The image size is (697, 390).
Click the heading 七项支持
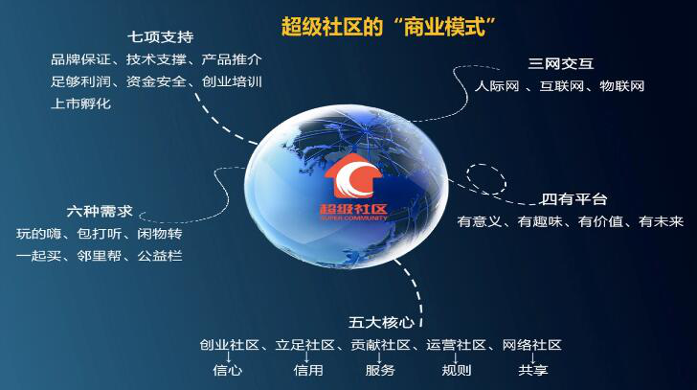pyautogui.click(x=162, y=37)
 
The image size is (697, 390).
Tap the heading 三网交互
pyautogui.click(x=560, y=65)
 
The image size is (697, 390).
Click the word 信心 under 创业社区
pyautogui.click(x=227, y=369)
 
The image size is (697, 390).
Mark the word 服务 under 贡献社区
pyautogui.click(x=380, y=369)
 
